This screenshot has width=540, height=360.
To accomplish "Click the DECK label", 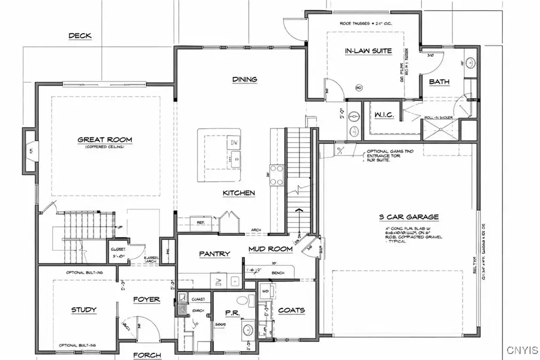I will (80, 36).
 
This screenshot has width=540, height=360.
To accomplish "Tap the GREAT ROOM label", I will (104, 140).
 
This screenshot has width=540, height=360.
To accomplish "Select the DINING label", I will (245, 79).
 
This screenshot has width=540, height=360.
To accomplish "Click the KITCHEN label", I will (239, 193).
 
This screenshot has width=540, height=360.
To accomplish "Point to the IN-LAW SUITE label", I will (364, 52).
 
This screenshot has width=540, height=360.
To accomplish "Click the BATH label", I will (439, 82).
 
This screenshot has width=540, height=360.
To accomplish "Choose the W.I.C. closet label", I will (383, 115).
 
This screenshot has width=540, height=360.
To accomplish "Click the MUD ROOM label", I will (271, 249).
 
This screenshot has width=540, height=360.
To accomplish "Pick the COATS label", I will (292, 310).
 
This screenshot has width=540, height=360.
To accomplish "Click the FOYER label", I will (147, 299).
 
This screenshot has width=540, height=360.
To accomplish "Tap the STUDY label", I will (84, 310).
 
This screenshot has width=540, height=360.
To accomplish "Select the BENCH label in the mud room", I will (277, 272).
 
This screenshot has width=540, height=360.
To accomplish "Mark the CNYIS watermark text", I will (521, 350).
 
